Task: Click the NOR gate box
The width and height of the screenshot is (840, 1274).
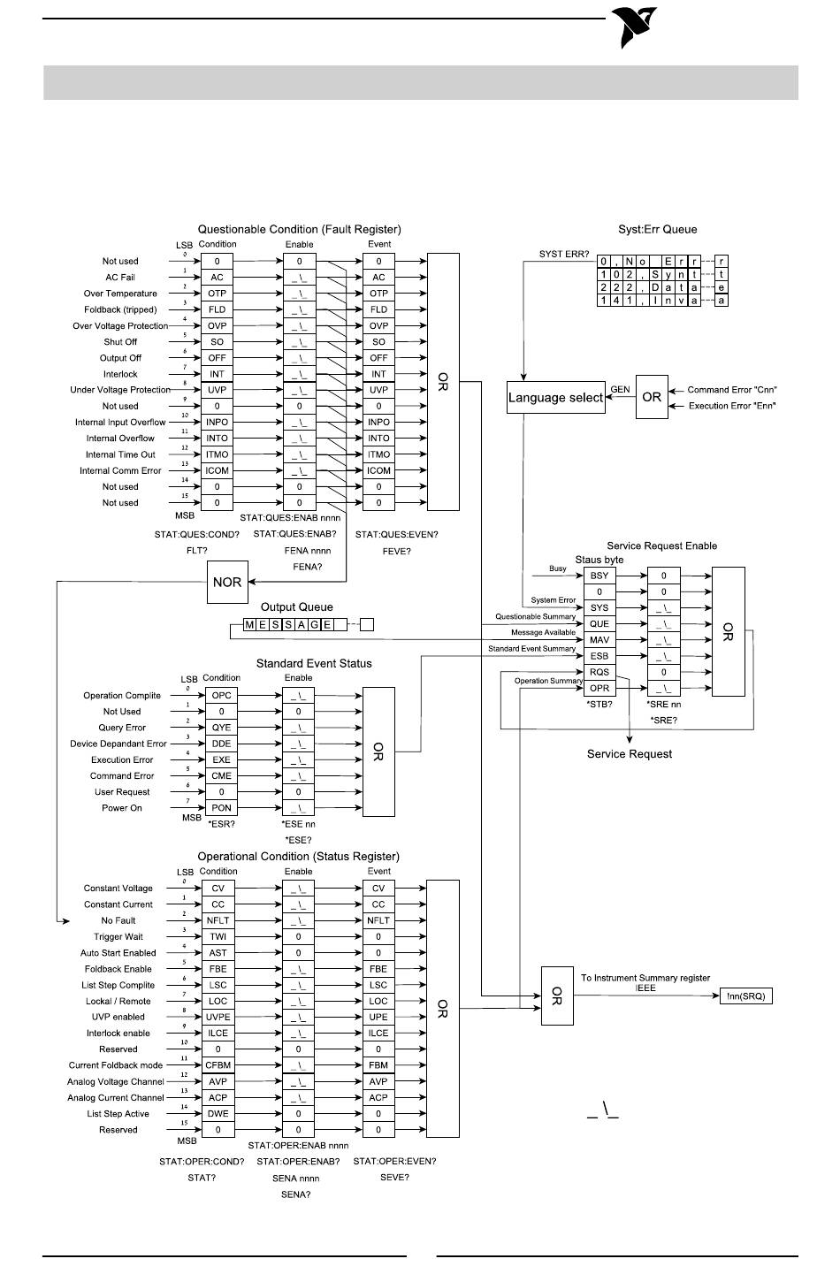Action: point(227,582)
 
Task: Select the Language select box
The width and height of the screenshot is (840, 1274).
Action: point(555,397)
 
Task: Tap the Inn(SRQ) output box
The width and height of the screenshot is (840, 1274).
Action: point(745,996)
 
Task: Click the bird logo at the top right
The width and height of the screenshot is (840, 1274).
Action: point(634,27)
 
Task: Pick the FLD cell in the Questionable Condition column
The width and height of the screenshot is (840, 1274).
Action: point(217,309)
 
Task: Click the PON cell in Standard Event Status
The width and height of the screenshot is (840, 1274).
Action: point(221,807)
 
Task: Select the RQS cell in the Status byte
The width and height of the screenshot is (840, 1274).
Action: point(599,672)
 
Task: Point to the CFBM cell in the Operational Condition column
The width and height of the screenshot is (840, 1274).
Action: point(218,1065)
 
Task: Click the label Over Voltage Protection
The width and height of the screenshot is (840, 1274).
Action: point(120,326)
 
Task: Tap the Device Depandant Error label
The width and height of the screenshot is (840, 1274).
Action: point(118,744)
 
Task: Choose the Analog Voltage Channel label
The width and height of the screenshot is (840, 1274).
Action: point(116,1081)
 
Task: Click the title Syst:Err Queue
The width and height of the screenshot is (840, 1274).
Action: point(658,229)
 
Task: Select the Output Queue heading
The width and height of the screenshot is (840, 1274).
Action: point(296,606)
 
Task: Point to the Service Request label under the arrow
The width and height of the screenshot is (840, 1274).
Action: point(630,753)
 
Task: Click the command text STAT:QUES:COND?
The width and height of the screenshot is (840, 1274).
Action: point(197,535)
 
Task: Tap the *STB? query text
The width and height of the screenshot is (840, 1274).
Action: point(599,704)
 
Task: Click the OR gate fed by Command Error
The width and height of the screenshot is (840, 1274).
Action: point(652,397)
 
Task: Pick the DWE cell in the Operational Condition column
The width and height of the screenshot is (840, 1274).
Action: point(218,1114)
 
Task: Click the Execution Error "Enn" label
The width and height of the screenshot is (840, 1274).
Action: point(732,406)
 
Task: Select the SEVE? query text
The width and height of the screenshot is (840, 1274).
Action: point(394,1178)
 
